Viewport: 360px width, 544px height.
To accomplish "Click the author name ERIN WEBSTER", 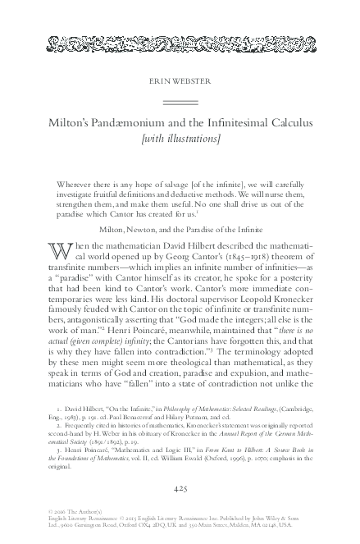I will pyautogui.click(x=180, y=82).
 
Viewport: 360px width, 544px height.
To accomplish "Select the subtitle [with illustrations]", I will pyautogui.click(x=180, y=139).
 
